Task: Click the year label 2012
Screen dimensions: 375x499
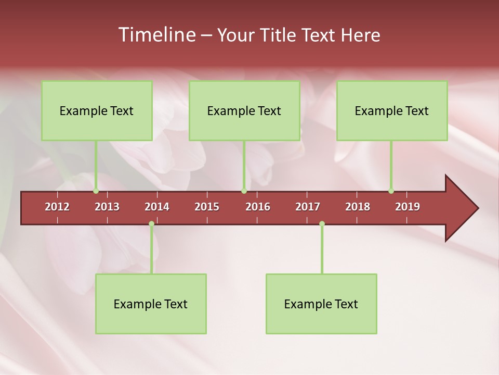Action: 57,207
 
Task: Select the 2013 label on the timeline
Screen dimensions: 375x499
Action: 107,207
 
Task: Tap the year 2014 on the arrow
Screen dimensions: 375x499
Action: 157,207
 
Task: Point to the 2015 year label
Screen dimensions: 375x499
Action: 207,207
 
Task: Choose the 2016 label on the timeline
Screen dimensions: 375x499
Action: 258,207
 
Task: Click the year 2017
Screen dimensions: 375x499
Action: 308,207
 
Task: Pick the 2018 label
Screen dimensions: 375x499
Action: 358,207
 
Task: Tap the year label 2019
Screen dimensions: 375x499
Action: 408,207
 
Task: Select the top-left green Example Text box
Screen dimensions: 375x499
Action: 97,110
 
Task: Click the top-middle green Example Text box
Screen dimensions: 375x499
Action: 244,110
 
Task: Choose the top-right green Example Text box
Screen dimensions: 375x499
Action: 392,110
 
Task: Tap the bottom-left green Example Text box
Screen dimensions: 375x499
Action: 151,304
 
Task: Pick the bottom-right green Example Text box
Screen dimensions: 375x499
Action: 321,304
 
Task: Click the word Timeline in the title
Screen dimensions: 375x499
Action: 156,35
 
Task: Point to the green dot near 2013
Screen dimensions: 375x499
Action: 96,191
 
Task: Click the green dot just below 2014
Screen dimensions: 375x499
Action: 151,224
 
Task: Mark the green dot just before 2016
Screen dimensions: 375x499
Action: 244,191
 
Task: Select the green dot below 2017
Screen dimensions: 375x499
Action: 322,224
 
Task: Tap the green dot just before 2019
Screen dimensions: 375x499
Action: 391,191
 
